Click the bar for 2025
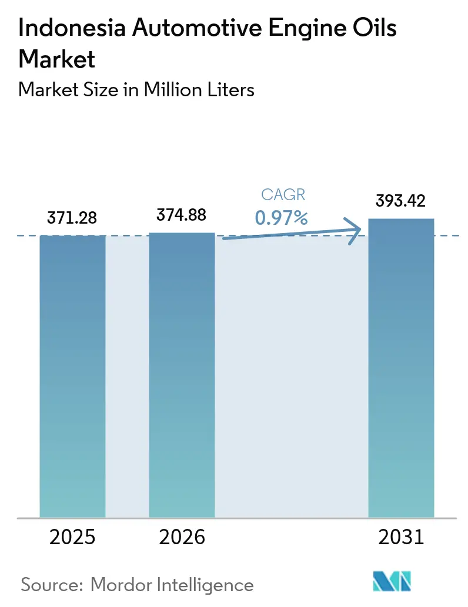point(72,376)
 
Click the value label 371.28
point(72,218)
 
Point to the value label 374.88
point(182,215)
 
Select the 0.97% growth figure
point(281,218)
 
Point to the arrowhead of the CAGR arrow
point(355,231)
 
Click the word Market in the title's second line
point(57,59)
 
